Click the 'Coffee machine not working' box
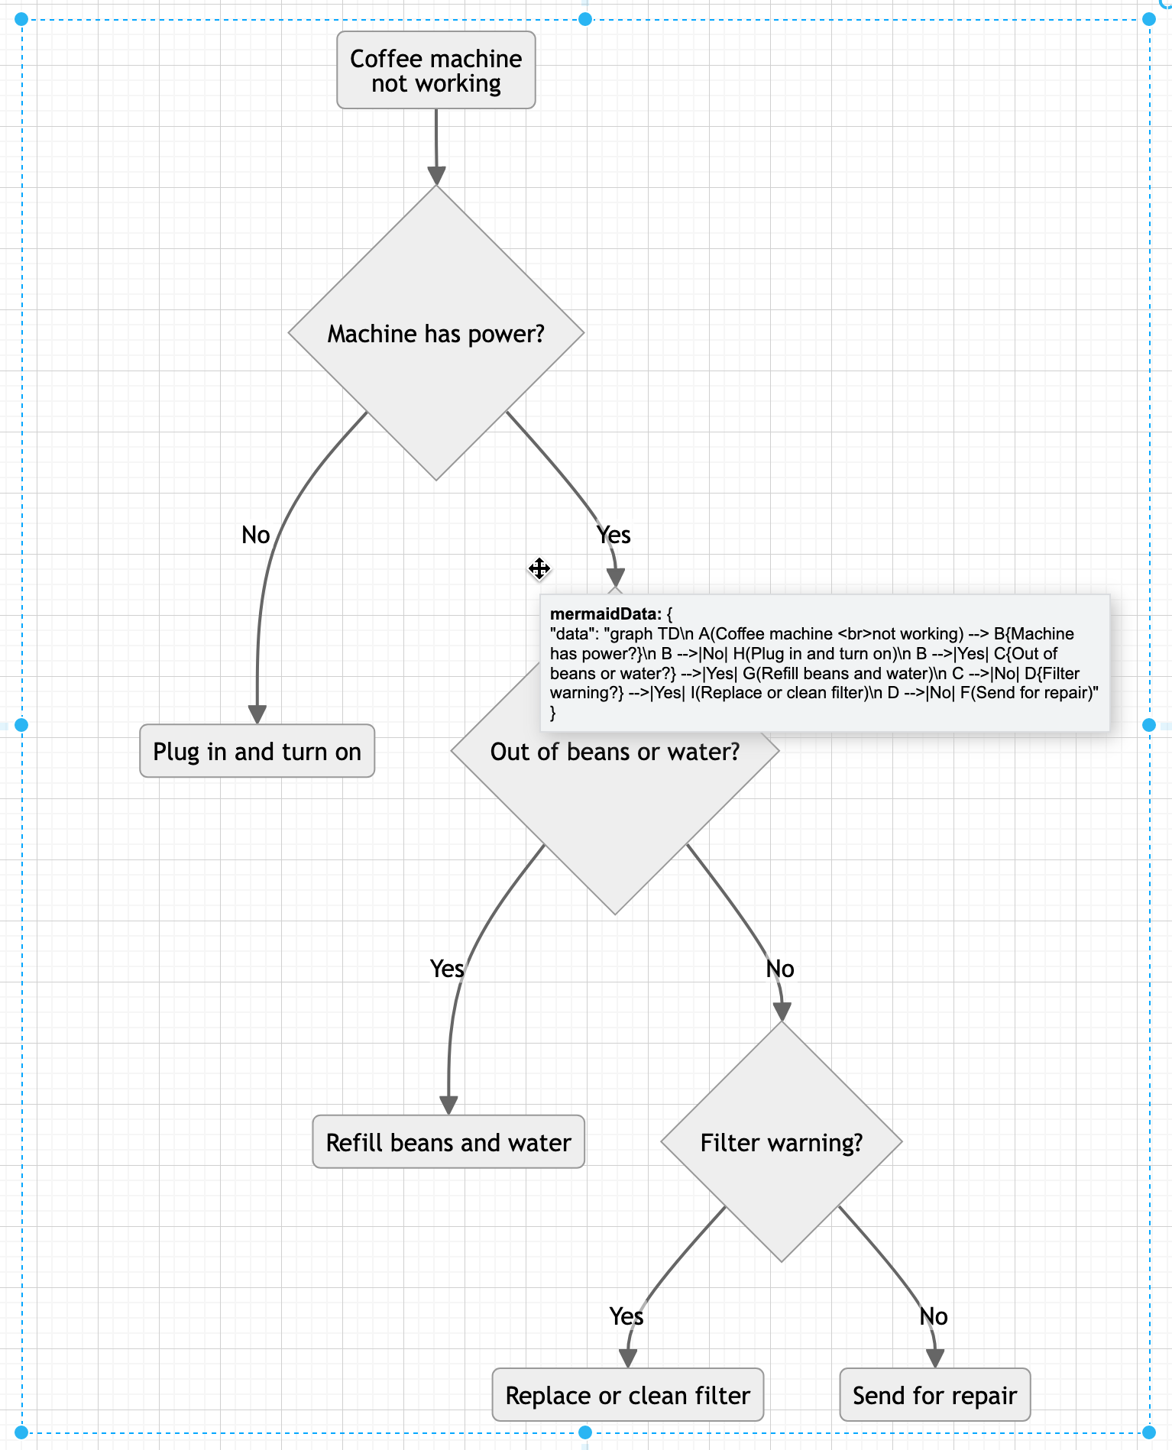click(435, 70)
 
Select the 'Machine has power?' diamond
click(435, 334)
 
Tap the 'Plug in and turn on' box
click(257, 752)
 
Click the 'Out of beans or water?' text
click(614, 752)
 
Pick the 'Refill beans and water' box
click(448, 1142)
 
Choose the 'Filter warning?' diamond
click(781, 1142)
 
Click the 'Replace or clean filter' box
click(627, 1396)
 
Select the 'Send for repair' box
click(934, 1396)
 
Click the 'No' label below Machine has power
click(256, 535)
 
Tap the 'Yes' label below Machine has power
click(614, 535)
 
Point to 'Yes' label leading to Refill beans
click(447, 969)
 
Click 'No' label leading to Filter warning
click(780, 969)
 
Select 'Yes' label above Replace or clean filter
click(626, 1316)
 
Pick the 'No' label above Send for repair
click(934, 1316)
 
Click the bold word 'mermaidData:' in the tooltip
click(605, 614)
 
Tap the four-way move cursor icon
click(539, 568)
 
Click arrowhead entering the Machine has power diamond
click(436, 176)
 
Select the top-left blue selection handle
click(21, 19)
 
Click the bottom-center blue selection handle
click(585, 1432)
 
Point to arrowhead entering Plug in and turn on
click(257, 714)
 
